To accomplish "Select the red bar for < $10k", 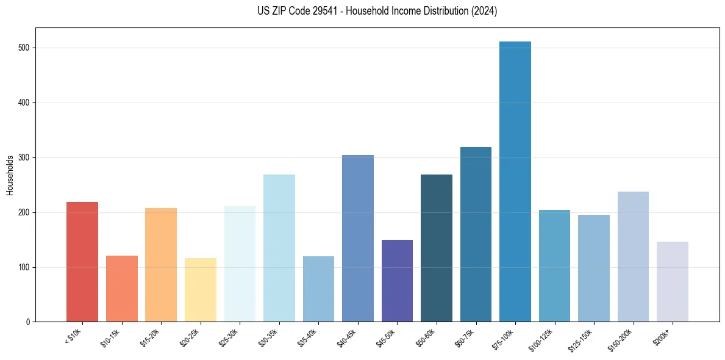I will [82, 262].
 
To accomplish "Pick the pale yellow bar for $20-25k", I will [201, 290].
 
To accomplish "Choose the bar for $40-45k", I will [358, 239].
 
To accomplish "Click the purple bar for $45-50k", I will [397, 281].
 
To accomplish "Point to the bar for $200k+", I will [673, 282].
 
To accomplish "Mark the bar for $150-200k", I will [633, 257].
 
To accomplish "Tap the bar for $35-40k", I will [318, 289].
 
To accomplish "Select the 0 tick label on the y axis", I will [29, 322].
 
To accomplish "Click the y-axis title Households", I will [10, 176].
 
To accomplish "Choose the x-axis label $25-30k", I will [229, 337].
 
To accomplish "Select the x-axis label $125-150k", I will [582, 339].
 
